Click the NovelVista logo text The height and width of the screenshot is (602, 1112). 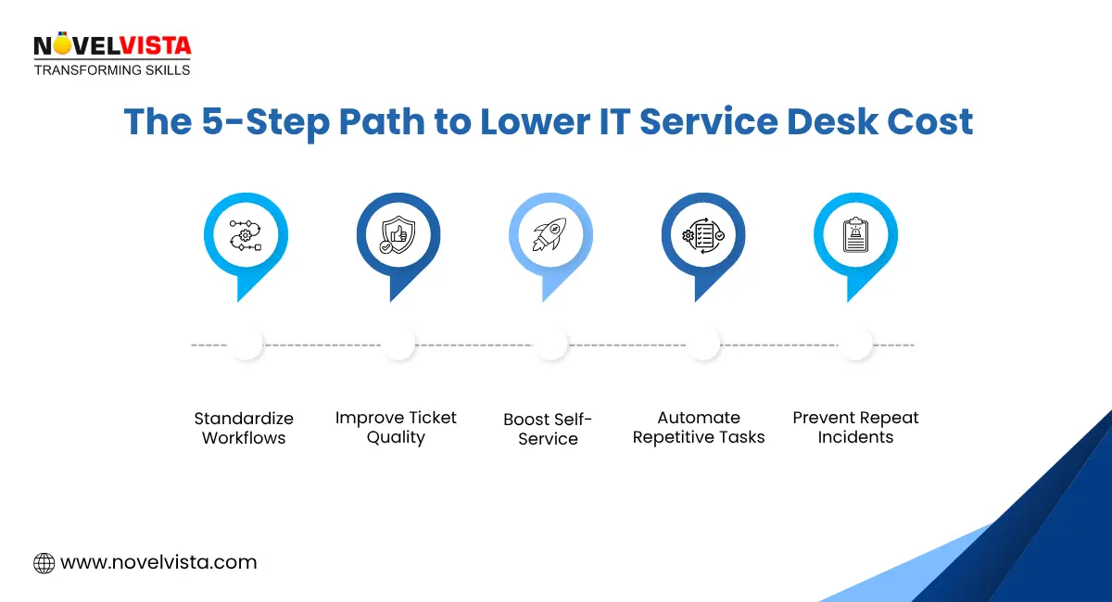pyautogui.click(x=111, y=44)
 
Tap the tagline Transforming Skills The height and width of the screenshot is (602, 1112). pyautogui.click(x=111, y=70)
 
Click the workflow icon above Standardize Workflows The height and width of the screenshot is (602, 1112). pyautogui.click(x=246, y=235)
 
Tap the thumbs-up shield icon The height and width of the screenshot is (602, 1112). pyautogui.click(x=398, y=235)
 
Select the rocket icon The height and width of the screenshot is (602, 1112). pyautogui.click(x=550, y=235)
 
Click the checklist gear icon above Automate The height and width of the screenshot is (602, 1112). pyautogui.click(x=702, y=235)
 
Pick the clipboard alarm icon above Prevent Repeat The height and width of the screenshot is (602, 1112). pyautogui.click(x=854, y=235)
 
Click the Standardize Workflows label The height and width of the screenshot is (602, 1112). pyautogui.click(x=244, y=428)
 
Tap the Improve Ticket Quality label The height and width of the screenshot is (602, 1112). pyautogui.click(x=396, y=428)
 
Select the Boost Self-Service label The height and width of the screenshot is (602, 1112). pyautogui.click(x=548, y=429)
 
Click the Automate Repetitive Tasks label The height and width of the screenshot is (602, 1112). pyautogui.click(x=699, y=428)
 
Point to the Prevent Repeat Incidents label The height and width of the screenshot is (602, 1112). pyautogui.click(x=855, y=428)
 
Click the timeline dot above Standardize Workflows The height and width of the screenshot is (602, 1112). pyautogui.click(x=246, y=344)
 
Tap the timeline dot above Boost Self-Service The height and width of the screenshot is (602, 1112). pyautogui.click(x=550, y=344)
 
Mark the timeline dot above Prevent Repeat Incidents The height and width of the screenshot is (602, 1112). pyautogui.click(x=854, y=344)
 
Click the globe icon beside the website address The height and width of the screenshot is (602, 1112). pyautogui.click(x=44, y=562)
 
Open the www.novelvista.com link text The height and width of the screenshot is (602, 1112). pyautogui.click(x=158, y=562)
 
